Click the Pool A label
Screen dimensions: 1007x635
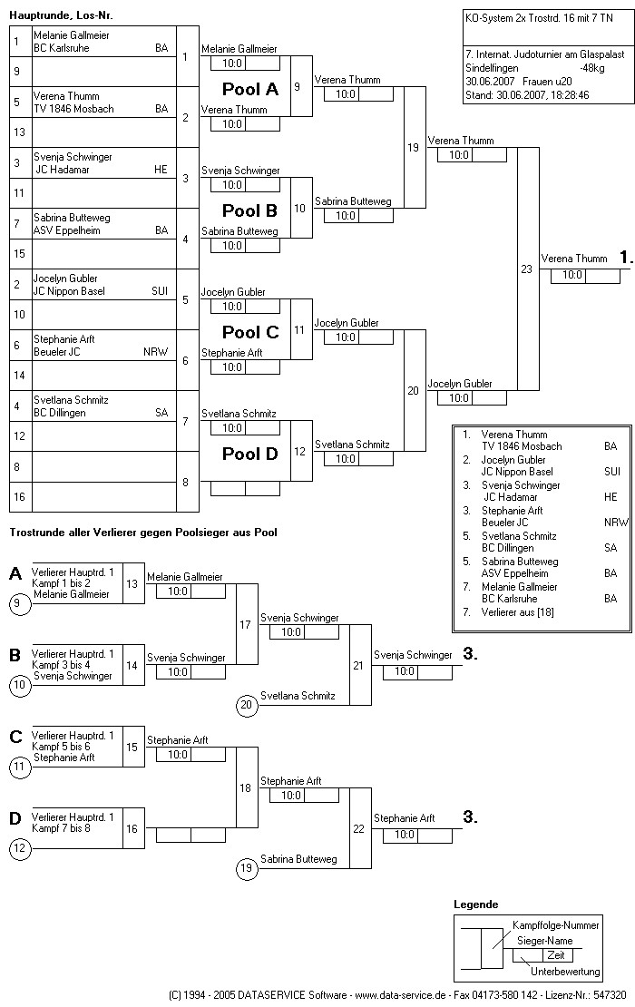(250, 90)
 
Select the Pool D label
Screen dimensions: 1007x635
(250, 454)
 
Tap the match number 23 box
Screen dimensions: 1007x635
(526, 269)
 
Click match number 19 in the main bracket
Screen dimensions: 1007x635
(414, 147)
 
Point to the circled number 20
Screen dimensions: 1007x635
(246, 704)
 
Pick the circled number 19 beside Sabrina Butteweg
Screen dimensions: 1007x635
(246, 868)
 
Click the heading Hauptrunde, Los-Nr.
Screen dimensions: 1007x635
(61, 16)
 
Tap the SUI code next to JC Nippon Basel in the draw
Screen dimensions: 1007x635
(160, 291)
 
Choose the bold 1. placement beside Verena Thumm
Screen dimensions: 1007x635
(626, 258)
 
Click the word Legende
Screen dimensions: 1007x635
(475, 904)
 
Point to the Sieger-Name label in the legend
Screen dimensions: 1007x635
(542, 941)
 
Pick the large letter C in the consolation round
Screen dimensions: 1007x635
(15, 737)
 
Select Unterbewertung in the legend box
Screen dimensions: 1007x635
(565, 972)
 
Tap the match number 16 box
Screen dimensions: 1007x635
(132, 827)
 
